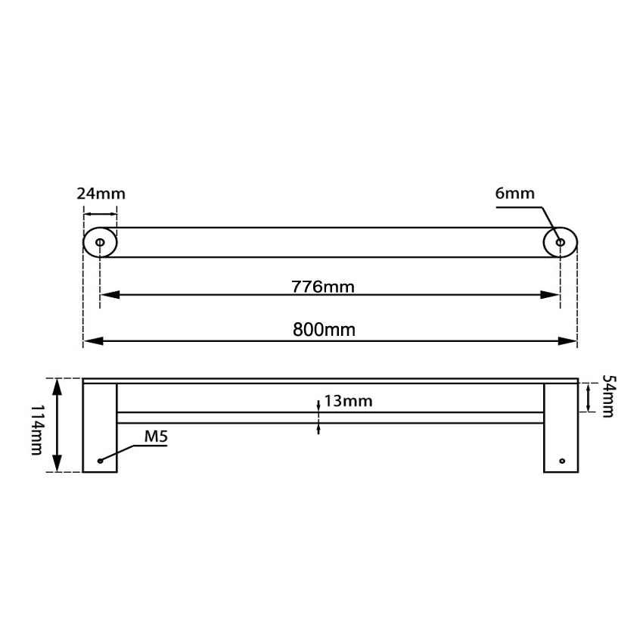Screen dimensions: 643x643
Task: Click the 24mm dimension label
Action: [101, 193]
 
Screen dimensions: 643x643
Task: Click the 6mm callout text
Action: [514, 193]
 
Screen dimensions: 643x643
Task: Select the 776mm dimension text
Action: [323, 287]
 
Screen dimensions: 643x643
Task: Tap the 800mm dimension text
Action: [324, 329]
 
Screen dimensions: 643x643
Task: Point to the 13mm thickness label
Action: [349, 401]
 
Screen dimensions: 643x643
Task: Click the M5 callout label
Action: [157, 436]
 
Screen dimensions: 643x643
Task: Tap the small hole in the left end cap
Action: [100, 243]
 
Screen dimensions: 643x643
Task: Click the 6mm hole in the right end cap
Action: [561, 243]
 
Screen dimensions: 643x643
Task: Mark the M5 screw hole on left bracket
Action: [100, 460]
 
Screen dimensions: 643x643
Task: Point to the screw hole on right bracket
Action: [561, 460]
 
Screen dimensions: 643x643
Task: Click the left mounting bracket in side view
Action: [100, 427]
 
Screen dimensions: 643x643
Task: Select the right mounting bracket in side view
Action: [561, 427]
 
